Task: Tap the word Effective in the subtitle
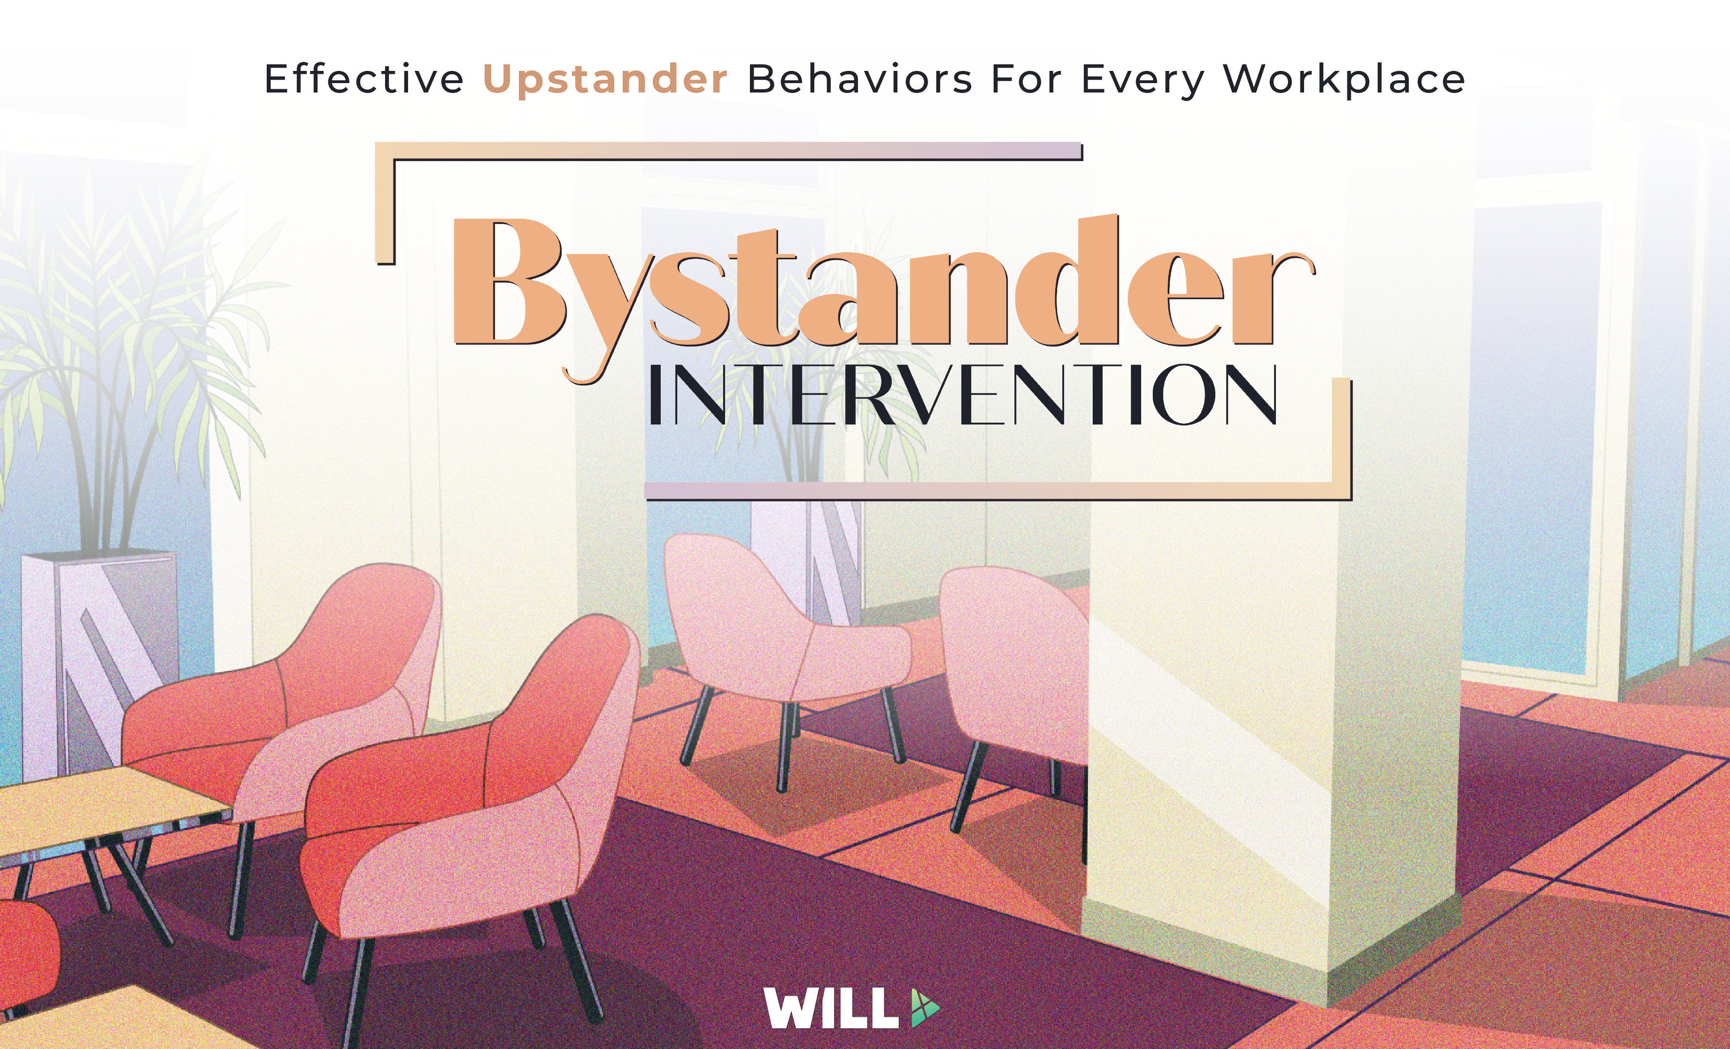[x=364, y=78]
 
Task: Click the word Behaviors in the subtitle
[x=860, y=78]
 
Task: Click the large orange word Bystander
[x=883, y=295]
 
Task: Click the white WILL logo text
[x=831, y=1008]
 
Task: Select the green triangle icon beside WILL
[x=924, y=1008]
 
